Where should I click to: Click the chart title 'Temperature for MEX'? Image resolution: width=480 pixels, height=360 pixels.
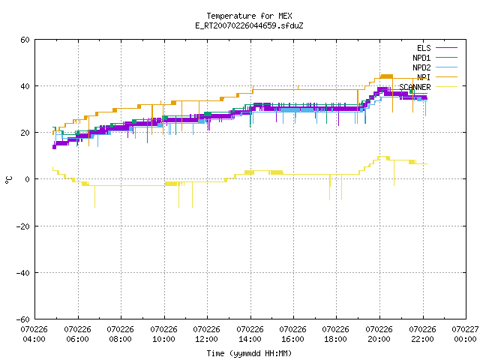(x=249, y=16)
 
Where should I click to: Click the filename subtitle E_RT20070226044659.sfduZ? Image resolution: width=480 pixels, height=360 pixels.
(x=249, y=25)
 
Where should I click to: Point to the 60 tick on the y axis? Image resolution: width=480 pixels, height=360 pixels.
(x=25, y=40)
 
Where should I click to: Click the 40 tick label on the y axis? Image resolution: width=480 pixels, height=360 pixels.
(x=25, y=86)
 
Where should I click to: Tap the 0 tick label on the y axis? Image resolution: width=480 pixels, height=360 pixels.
(x=27, y=179)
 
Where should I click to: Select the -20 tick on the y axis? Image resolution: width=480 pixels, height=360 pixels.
(x=23, y=226)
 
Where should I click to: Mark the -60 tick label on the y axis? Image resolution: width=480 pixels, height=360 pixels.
(x=23, y=319)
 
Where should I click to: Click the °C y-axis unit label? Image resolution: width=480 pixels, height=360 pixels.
(x=8, y=180)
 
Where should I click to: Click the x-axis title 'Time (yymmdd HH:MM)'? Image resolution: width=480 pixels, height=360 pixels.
(x=249, y=353)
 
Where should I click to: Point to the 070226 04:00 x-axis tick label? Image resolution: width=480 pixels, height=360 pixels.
(x=34, y=334)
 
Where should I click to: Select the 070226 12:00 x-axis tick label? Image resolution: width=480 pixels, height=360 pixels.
(x=207, y=334)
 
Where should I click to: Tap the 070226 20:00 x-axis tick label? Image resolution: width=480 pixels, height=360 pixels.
(x=379, y=334)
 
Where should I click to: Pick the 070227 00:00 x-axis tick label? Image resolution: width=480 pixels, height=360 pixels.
(x=465, y=334)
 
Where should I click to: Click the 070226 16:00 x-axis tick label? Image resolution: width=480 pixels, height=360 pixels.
(x=293, y=334)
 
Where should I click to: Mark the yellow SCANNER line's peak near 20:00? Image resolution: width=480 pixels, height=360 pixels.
(x=382, y=157)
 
